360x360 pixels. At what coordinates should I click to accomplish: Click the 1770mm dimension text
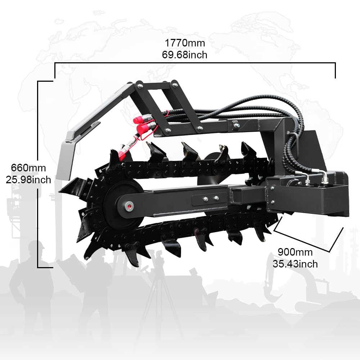pyautogui.click(x=185, y=43)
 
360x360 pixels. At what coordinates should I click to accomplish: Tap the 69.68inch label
pyautogui.click(x=185, y=55)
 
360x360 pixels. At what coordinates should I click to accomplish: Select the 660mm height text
pyautogui.click(x=28, y=168)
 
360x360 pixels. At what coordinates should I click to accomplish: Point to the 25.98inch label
pyautogui.click(x=28, y=180)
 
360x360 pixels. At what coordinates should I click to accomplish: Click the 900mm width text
pyautogui.click(x=295, y=252)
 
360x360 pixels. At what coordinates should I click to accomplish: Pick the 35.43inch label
pyautogui.click(x=295, y=264)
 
